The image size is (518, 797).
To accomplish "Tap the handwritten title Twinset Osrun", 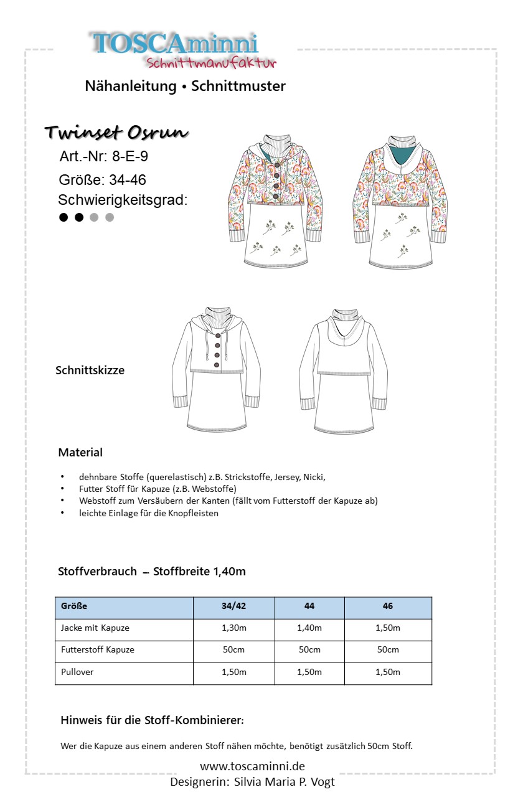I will point(116,133).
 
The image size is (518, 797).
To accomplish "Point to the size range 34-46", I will point(127,180).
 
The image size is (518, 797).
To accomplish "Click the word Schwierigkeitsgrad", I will point(123,200).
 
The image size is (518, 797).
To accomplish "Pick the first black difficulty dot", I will point(64,217).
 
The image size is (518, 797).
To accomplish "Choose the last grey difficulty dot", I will point(110,217).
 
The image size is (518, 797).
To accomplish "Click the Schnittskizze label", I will point(90,370).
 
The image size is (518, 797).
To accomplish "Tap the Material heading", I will point(80,452).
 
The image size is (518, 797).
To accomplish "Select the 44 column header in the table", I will point(309,606).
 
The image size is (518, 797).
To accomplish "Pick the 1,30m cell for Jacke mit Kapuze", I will point(234,628).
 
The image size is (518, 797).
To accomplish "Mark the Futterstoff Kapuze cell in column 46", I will point(388,649).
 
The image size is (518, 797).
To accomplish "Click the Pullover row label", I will point(78,672).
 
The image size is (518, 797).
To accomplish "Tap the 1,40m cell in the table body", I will point(309,628).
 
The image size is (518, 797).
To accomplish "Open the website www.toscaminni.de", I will point(252,766).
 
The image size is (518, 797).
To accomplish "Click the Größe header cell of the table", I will point(74,606).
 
